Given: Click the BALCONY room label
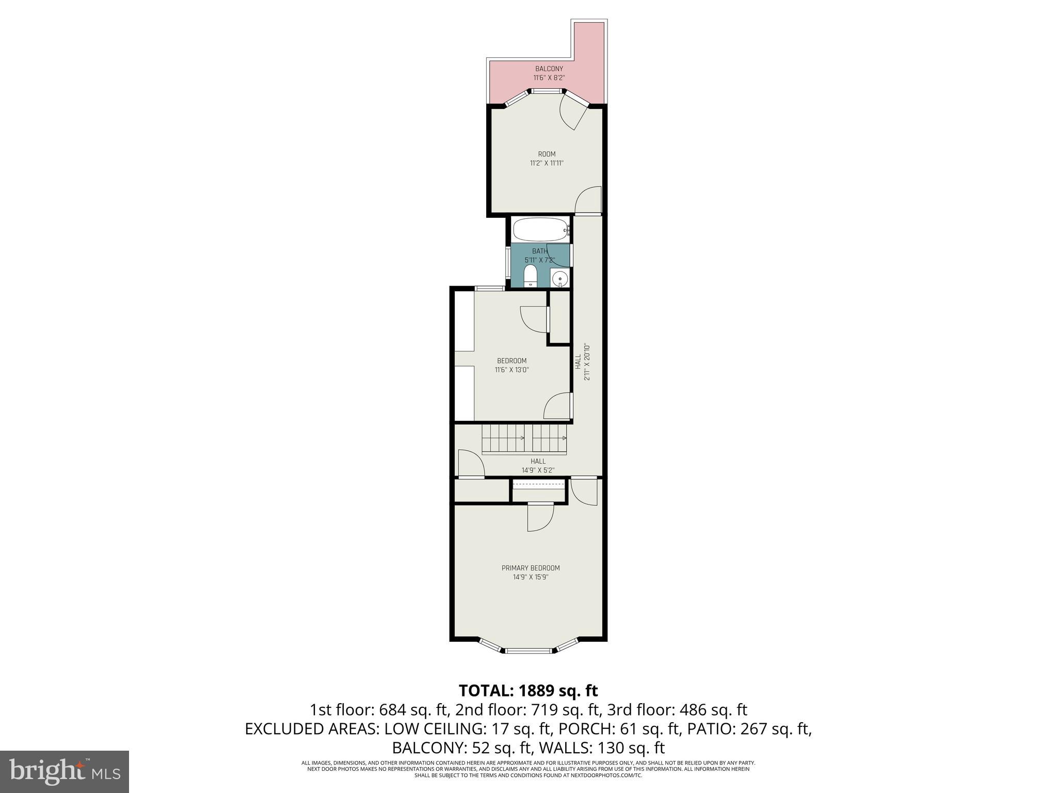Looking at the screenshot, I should click(x=549, y=69).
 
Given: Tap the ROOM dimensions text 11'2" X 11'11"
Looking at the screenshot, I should click(x=547, y=163).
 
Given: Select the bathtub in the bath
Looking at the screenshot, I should click(x=540, y=230).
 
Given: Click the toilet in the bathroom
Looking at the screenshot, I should click(x=530, y=277).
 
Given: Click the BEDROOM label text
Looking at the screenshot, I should click(x=511, y=360).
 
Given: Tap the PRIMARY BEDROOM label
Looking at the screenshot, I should click(x=530, y=568).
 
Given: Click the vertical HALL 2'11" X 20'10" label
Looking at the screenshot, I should click(x=582, y=361).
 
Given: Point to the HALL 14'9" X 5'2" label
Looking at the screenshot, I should click(x=538, y=466).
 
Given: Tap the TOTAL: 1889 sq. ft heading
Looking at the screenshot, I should click(x=528, y=690).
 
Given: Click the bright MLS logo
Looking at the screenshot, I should click(x=65, y=771).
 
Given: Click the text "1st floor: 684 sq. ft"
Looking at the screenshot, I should click(x=379, y=709).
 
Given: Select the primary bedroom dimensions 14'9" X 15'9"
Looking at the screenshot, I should click(x=530, y=577).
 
